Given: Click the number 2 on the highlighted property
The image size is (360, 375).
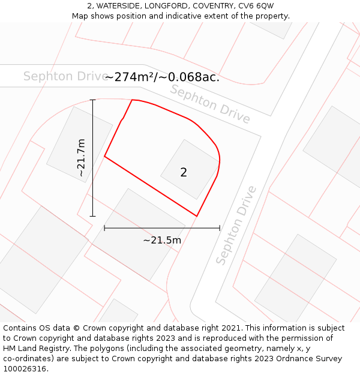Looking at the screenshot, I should pos(184,173).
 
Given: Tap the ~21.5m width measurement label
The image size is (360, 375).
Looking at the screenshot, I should pos(162,240).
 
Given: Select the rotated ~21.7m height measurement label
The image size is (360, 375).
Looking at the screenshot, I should pos(82,157).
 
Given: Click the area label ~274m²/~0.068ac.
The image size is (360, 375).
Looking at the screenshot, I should pos(162,77).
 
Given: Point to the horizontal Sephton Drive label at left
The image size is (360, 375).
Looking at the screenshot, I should pos(65,76).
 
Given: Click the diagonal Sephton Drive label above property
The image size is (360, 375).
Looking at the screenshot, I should pos(210,104).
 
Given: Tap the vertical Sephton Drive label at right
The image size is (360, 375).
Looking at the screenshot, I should pos(236,226).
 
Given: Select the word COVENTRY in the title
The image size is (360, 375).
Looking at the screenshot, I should pos(215,6).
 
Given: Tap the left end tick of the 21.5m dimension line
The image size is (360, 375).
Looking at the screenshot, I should pos(104,228).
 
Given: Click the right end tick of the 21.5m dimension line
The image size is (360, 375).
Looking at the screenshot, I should pos(220,228).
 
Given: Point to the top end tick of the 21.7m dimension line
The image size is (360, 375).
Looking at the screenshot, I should pos(92,100).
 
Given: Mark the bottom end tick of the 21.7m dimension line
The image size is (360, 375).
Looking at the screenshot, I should pos(92,216).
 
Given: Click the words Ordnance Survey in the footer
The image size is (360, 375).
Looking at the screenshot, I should pos(313,358).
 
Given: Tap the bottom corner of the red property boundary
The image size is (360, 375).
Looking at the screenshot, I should pos(197,216).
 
